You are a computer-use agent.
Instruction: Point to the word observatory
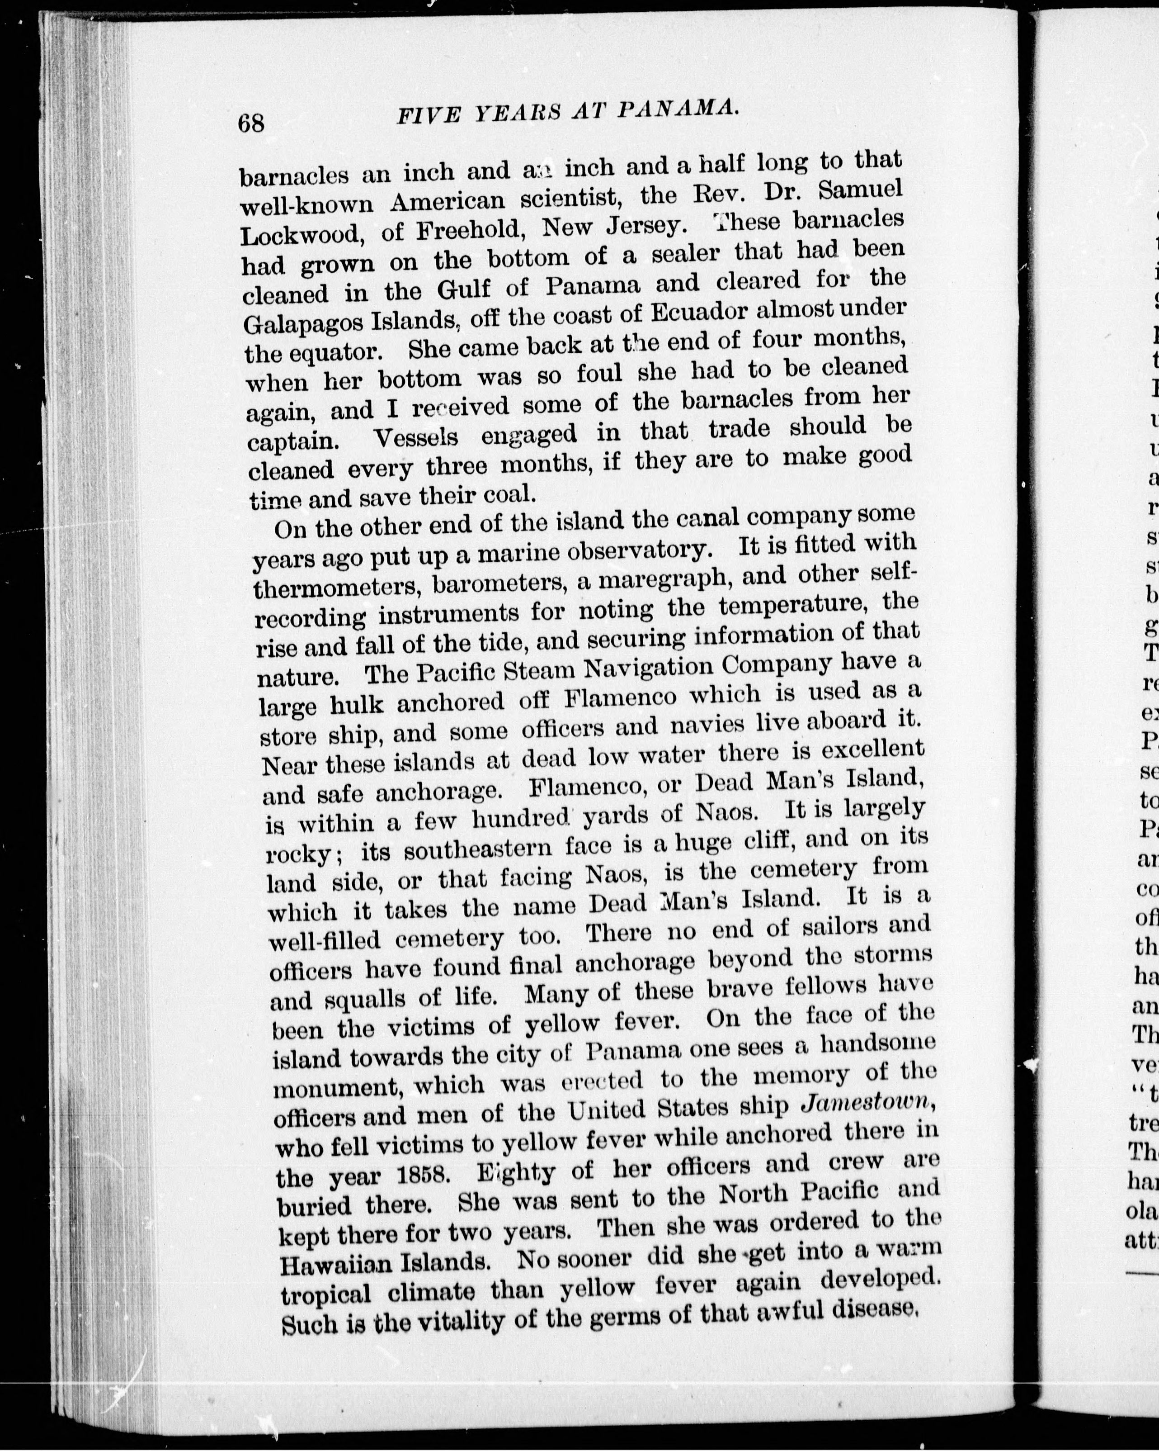636,550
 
